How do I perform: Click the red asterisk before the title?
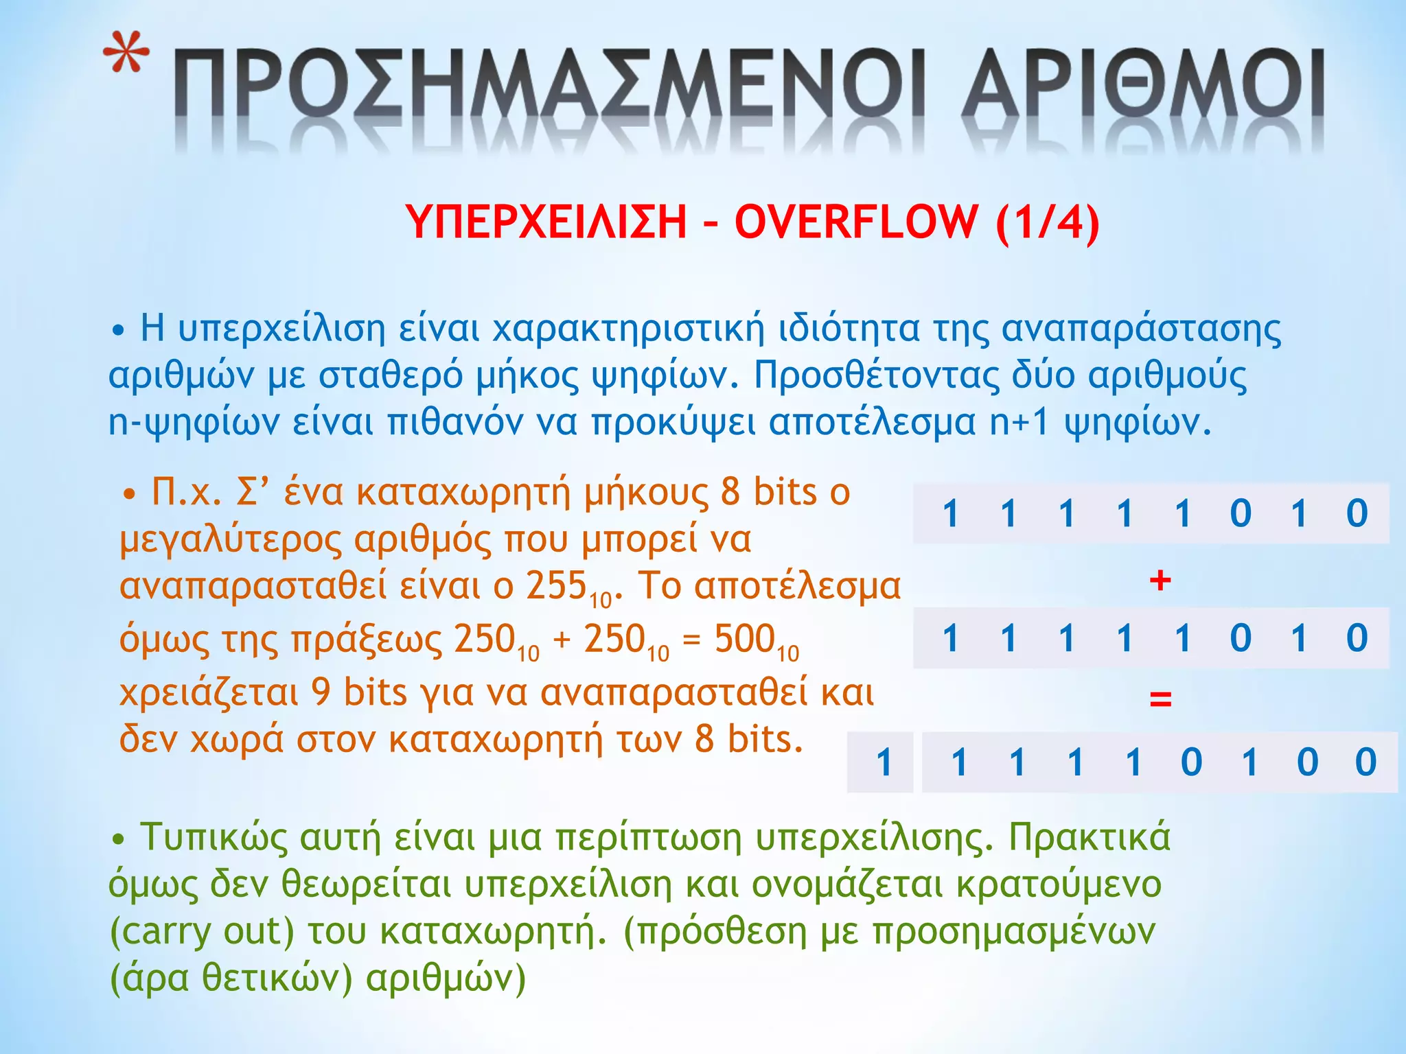tap(127, 53)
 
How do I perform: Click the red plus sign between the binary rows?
tap(1160, 581)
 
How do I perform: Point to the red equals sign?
tap(1160, 699)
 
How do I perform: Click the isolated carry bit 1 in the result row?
tap(884, 762)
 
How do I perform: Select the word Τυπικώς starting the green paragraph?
tap(214, 837)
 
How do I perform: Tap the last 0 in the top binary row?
tap(1357, 513)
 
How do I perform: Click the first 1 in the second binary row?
tap(950, 638)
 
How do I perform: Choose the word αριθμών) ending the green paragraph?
tap(446, 977)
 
